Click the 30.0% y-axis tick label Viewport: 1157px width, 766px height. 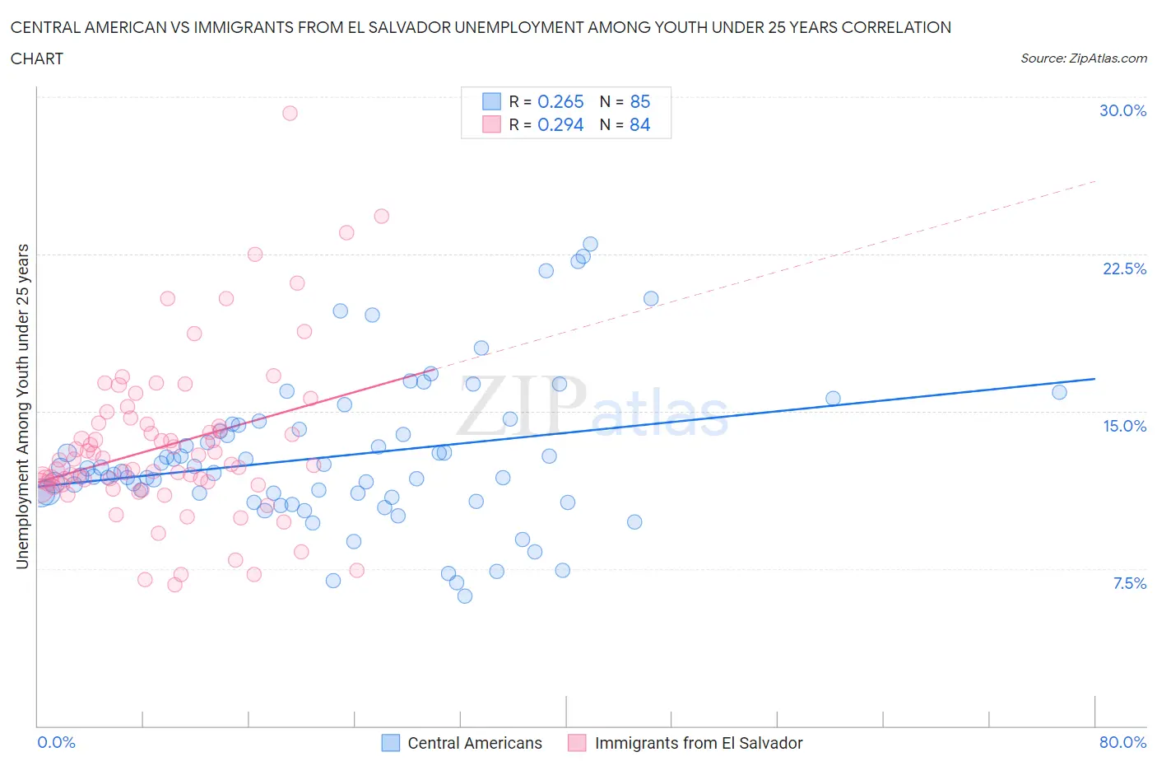tap(1122, 111)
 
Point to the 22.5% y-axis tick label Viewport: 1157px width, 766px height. tap(1124, 269)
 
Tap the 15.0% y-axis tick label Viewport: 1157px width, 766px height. tap(1124, 427)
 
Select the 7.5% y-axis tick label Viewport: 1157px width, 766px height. tap(1129, 584)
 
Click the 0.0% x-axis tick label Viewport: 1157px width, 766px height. tap(57, 743)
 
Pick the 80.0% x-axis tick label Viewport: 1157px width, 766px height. tap(1122, 743)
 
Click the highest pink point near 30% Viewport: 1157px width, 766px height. tap(290, 114)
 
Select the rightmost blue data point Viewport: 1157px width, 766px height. tap(1059, 392)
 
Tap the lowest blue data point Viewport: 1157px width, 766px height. tap(465, 596)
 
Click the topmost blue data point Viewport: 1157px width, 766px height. tap(590, 245)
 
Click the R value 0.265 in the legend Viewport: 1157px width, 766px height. tap(560, 102)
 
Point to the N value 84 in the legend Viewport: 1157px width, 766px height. tap(639, 125)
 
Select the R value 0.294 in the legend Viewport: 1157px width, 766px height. tap(560, 125)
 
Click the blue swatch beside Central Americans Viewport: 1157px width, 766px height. tap(390, 743)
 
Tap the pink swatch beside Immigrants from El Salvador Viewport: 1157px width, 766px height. tap(577, 743)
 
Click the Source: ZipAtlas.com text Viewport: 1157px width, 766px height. tap(1083, 58)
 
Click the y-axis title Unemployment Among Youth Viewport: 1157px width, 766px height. tap(23, 406)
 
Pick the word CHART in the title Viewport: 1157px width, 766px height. tap(37, 58)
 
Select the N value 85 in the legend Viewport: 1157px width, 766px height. tap(639, 102)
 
